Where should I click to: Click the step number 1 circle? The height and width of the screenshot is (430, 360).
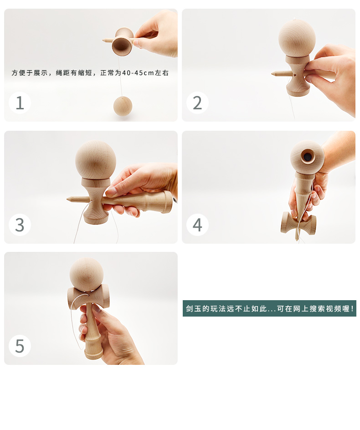20,103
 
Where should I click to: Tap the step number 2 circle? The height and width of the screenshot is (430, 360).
197,103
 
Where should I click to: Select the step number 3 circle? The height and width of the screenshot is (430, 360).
20,225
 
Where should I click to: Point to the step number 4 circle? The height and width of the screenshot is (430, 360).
197,225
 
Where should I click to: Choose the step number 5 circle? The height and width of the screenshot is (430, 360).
20,346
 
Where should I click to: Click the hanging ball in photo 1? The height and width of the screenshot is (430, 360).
123,106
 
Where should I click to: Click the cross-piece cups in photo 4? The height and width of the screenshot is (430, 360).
298,223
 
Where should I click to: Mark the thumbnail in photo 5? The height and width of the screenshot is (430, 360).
97,309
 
